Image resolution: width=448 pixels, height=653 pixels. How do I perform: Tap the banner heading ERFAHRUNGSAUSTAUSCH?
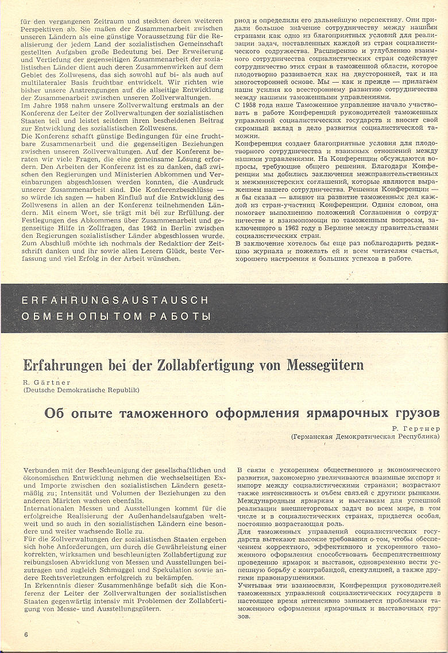point(108,300)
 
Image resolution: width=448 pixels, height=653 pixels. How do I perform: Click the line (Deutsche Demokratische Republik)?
point(82,390)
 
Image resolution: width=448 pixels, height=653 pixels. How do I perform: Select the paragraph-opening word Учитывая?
point(254,584)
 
